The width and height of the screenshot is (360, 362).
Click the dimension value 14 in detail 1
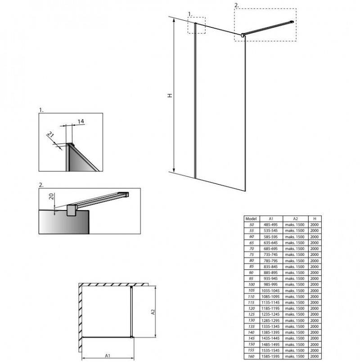tap(81, 121)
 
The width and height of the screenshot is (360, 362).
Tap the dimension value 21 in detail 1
tap(50, 134)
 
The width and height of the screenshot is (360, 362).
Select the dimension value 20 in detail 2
tap(51, 197)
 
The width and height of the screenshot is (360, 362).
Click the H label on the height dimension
tap(170, 95)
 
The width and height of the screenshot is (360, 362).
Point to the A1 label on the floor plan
tap(108, 356)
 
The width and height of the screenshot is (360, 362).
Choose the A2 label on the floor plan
tap(153, 312)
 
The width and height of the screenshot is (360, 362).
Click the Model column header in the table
tap(251, 219)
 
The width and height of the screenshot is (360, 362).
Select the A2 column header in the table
tap(295, 219)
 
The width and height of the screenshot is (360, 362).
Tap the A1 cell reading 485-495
tap(270, 225)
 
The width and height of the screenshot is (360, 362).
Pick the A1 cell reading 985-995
tap(270, 284)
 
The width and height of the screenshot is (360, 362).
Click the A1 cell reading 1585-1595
tap(270, 357)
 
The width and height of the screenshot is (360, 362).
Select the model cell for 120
tap(252, 308)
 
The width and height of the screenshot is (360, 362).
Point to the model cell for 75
tap(252, 255)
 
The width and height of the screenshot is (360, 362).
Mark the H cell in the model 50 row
tap(315, 225)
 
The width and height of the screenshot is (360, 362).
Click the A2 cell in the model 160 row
tap(295, 357)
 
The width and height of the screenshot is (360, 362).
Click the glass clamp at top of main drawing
tap(243, 36)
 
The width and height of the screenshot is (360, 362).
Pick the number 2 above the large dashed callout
tap(236, 5)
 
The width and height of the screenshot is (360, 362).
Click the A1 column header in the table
tap(271, 219)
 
